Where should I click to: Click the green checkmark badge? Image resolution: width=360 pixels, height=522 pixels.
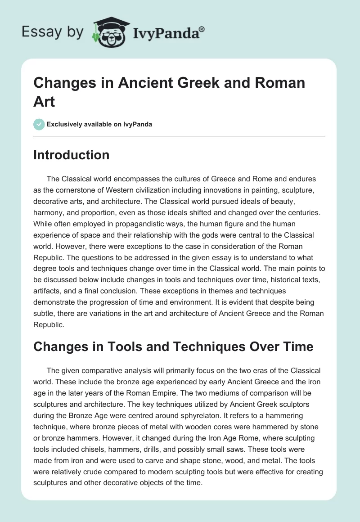pos(39,124)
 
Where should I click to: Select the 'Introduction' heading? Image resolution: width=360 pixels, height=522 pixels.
pos(72,155)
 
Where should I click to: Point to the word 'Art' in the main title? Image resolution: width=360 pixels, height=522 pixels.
pos(44,101)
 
